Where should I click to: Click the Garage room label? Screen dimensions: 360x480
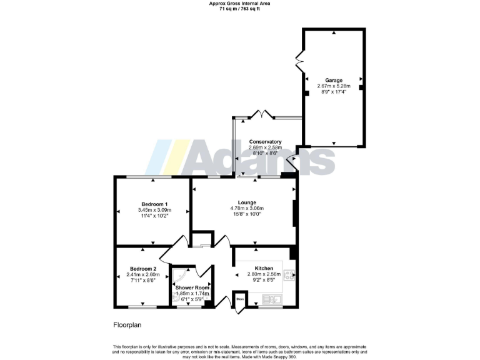click(x=334, y=80)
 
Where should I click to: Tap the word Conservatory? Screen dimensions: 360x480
click(x=265, y=142)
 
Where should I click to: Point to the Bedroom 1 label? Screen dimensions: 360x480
click(x=154, y=204)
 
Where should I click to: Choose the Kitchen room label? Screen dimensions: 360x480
click(x=264, y=268)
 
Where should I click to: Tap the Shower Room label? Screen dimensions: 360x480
click(x=192, y=288)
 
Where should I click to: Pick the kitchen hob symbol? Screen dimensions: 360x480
click(x=289, y=275)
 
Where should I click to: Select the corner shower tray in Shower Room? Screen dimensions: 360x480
click(x=179, y=278)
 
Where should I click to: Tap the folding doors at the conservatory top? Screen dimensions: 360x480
click(x=261, y=115)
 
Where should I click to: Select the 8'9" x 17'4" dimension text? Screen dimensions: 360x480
click(x=334, y=92)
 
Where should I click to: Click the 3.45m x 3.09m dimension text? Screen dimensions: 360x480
click(x=154, y=211)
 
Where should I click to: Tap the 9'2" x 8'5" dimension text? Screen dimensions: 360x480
click(x=264, y=280)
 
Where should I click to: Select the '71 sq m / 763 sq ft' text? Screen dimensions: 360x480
click(x=239, y=9)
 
